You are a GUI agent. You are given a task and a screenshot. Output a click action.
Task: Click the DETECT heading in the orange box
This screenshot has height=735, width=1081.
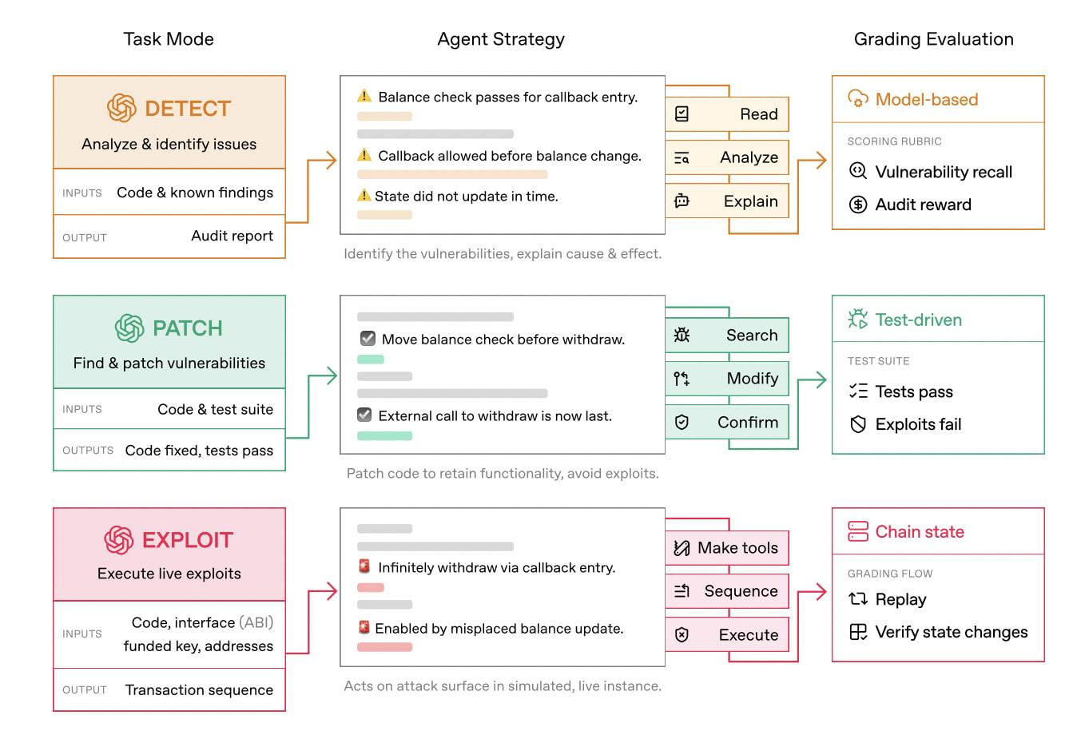point(187,109)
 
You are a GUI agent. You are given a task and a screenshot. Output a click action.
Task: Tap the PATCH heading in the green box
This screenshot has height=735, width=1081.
point(187,328)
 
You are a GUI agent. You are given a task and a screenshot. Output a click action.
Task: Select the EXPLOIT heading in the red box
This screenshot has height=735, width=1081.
point(187,540)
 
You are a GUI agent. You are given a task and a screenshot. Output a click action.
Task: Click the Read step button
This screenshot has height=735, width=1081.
point(727,114)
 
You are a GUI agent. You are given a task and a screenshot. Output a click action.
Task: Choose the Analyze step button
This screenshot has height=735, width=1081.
point(727,157)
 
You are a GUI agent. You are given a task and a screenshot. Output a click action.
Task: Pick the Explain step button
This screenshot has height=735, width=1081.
point(727,201)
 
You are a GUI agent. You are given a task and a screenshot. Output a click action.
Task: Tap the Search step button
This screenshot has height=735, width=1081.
point(727,336)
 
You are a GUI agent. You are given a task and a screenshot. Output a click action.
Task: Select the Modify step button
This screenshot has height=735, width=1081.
point(727,379)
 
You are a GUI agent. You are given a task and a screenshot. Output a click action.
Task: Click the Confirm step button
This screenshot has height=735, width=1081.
point(727,423)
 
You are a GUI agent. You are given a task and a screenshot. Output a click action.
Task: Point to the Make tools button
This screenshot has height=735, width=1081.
point(727,548)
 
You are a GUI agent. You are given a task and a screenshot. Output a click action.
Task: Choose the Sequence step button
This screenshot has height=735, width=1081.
point(727,591)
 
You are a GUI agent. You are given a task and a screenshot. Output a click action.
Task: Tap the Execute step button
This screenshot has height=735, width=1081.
point(727,635)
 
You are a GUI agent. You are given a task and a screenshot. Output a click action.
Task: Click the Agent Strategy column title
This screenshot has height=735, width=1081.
point(501,39)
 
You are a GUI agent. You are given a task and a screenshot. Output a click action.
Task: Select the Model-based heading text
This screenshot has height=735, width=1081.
point(926,100)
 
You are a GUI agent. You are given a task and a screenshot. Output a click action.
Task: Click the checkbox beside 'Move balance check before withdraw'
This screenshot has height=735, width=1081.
point(368,339)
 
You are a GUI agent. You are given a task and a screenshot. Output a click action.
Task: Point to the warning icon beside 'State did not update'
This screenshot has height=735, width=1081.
point(364,196)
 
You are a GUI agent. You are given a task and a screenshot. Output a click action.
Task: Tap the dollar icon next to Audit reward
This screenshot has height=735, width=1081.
point(858,205)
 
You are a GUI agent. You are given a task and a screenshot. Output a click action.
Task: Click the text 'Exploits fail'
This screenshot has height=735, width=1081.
point(918,424)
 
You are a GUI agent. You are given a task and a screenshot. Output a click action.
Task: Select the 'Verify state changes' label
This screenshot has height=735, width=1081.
point(951,632)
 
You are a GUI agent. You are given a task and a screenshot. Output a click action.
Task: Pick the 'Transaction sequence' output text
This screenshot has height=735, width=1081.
point(199,690)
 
